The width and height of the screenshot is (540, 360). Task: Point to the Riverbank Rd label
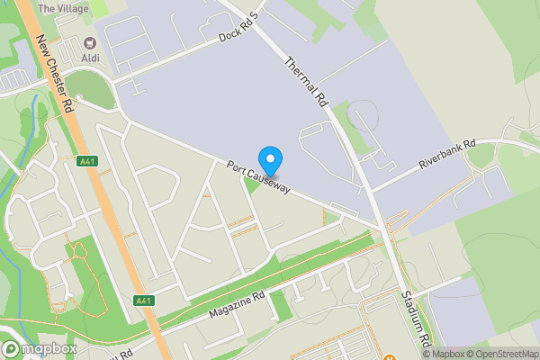[x=459, y=156]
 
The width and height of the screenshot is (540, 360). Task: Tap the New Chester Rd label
[x=55, y=74]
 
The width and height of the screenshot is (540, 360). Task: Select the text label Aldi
[x=90, y=58]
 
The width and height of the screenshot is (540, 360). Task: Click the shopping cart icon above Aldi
[x=90, y=43]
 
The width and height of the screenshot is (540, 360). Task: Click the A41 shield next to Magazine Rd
[x=143, y=300]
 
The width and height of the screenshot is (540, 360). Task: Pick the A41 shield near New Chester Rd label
[x=87, y=162]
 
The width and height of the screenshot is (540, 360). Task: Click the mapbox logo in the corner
[x=39, y=348]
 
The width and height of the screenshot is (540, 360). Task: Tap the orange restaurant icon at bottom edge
[x=391, y=355]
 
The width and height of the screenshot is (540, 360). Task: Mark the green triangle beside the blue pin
[x=254, y=183]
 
